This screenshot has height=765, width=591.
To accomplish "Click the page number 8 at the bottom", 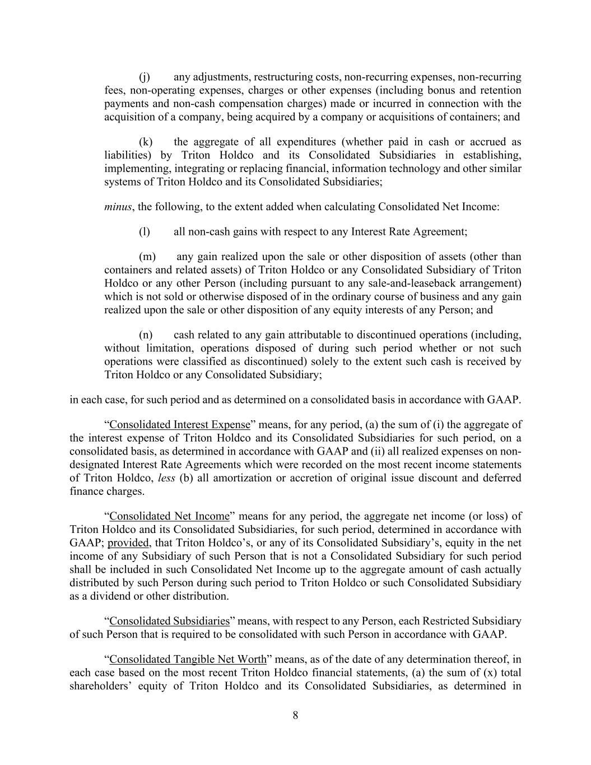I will point(295,715).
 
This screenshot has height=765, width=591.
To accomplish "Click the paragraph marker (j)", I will point(144,77).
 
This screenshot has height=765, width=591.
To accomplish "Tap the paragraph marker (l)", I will point(144,231).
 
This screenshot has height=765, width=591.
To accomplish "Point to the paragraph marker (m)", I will point(147,257).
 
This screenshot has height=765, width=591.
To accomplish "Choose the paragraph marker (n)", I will point(146,335).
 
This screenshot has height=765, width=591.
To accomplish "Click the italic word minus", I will point(118,207).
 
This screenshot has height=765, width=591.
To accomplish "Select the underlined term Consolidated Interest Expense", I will point(179,425).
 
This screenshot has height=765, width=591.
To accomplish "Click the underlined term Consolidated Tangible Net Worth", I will point(188,659).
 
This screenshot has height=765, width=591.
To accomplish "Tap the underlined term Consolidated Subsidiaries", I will point(169,622).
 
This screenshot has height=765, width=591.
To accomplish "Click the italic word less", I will point(167,478).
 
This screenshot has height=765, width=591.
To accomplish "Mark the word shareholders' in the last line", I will point(100,686).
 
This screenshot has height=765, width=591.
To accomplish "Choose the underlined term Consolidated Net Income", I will point(169,516).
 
